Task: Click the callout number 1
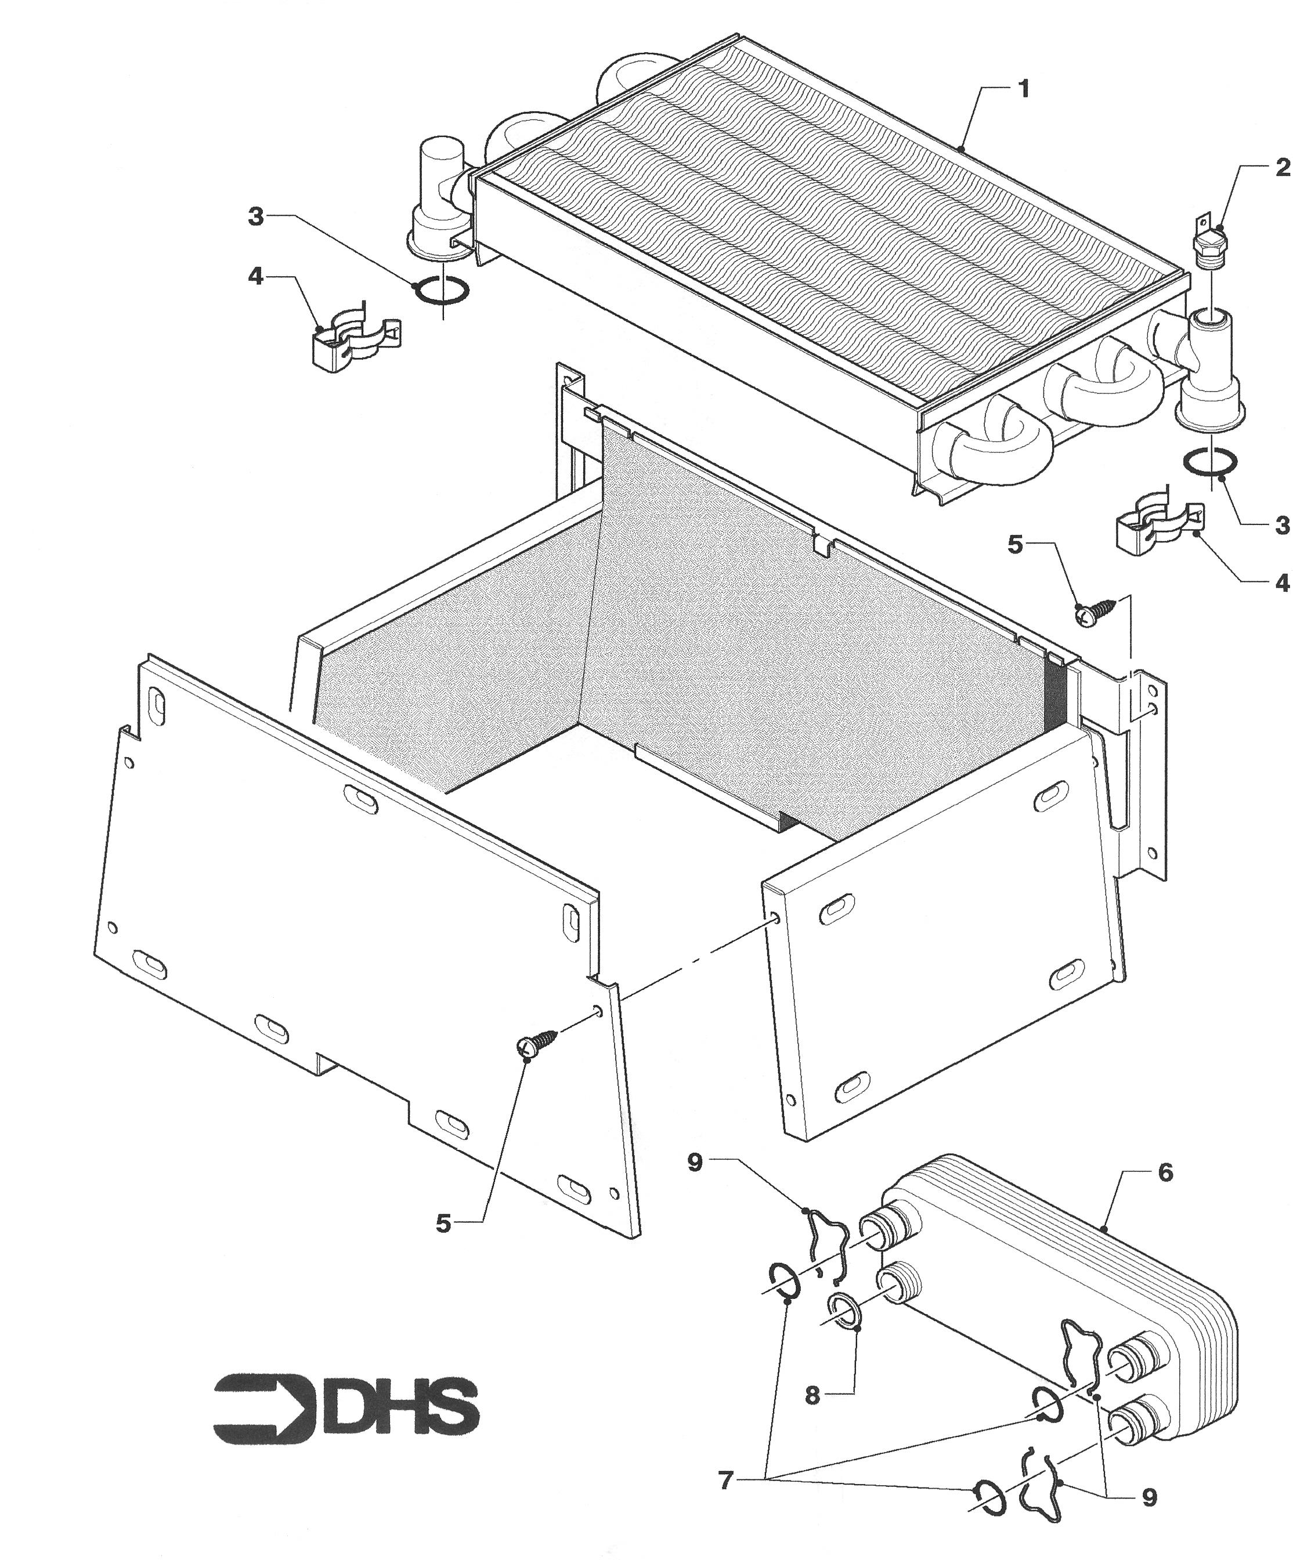(1024, 90)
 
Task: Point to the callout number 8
(812, 1396)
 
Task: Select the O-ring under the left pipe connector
(442, 291)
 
